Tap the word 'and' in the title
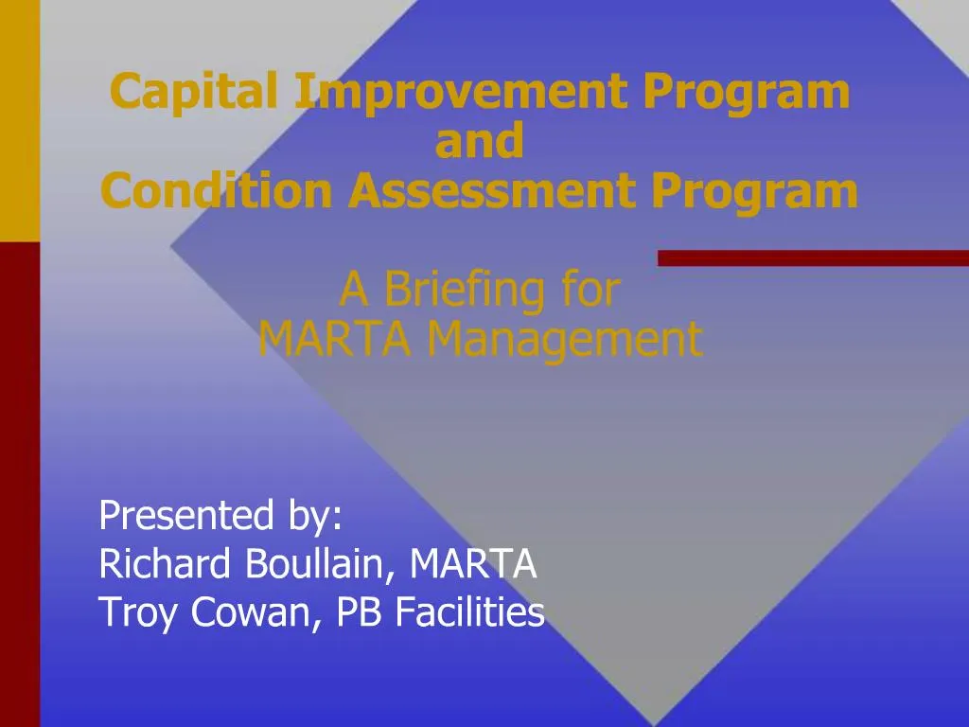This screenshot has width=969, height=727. [479, 142]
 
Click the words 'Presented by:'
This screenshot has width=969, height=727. [221, 517]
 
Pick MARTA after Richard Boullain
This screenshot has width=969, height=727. [473, 565]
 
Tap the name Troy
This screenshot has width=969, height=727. [139, 614]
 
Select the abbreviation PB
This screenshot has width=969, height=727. [361, 614]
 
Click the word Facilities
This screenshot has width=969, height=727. [469, 614]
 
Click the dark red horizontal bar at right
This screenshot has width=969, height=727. [813, 257]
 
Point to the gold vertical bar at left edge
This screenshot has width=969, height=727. [20, 118]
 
